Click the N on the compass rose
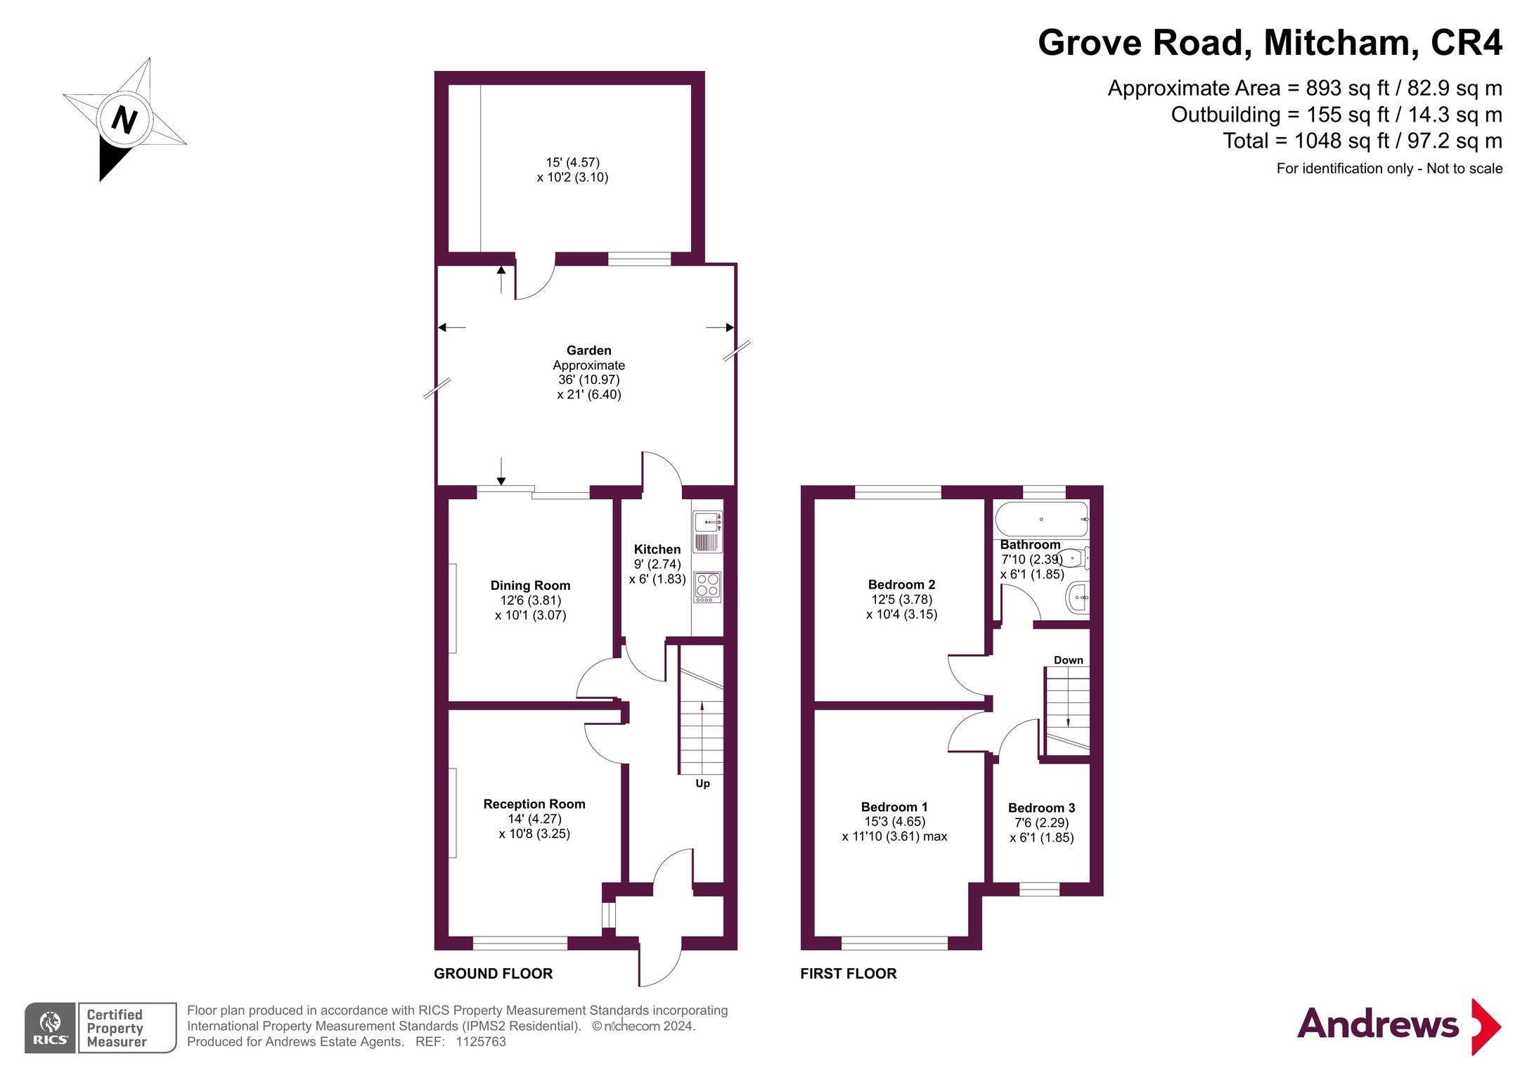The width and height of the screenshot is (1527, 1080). [x=124, y=119]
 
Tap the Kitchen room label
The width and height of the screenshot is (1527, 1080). [x=657, y=549]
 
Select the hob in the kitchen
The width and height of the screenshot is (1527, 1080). [x=707, y=587]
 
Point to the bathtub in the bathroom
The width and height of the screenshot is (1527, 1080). [x=1041, y=520]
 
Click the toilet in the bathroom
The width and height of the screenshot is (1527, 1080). [x=1074, y=558]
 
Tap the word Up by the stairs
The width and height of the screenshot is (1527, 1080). [x=702, y=783]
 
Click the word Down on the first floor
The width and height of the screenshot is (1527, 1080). [x=1068, y=660]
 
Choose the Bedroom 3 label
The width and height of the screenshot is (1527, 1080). [x=1041, y=808]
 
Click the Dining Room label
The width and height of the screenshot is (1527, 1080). [x=530, y=585]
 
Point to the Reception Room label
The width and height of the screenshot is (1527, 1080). [x=534, y=804]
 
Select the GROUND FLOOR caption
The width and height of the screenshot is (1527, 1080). [x=493, y=973]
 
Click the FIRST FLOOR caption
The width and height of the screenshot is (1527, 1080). [x=848, y=973]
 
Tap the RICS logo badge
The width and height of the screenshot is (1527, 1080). [x=50, y=1027]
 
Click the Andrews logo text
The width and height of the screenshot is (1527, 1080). [x=1377, y=1024]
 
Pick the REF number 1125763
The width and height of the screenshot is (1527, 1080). [x=481, y=1041]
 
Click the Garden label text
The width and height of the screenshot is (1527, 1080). [x=588, y=350]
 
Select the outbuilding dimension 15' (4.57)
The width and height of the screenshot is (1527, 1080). [x=572, y=162]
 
